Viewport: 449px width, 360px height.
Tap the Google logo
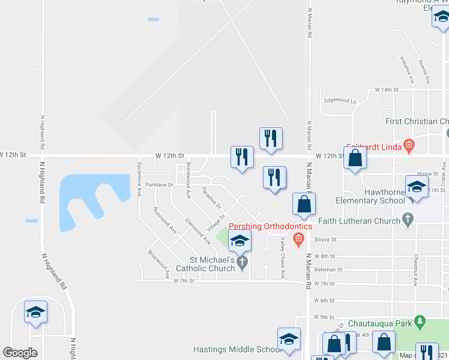click(x=20, y=353)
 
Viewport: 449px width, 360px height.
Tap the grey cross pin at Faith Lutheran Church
click(x=408, y=220)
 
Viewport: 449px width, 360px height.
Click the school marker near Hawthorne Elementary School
click(x=417, y=187)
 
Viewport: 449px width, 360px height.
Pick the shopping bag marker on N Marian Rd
click(x=304, y=204)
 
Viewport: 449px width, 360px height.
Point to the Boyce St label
click(x=325, y=239)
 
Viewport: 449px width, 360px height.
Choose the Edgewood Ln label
click(x=339, y=101)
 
